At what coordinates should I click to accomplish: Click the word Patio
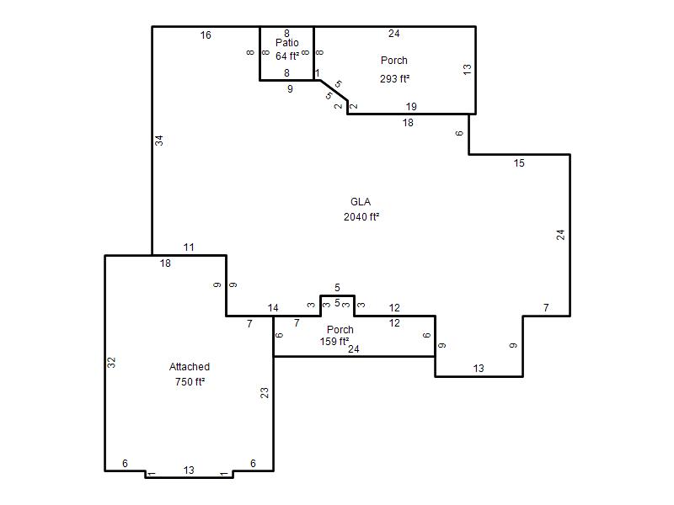(287, 43)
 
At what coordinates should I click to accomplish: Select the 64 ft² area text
(287, 56)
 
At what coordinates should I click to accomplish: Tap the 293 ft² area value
(394, 79)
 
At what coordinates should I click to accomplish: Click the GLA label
(361, 202)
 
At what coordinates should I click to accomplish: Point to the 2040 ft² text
(361, 217)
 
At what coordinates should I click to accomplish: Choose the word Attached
(190, 367)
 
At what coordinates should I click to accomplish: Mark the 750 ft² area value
(190, 382)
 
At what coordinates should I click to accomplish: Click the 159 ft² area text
(334, 342)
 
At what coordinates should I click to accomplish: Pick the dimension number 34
(159, 141)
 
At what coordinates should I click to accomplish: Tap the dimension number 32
(111, 363)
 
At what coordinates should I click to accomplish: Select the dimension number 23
(265, 393)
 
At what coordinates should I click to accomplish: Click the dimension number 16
(206, 35)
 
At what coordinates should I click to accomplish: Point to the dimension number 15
(519, 163)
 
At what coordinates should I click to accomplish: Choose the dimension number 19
(411, 107)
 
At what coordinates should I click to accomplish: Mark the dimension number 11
(189, 247)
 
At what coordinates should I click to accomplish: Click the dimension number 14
(273, 308)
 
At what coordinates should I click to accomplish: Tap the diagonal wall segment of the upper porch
(334, 91)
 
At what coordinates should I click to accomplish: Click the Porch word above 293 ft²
(394, 61)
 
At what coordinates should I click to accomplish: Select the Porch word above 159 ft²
(340, 330)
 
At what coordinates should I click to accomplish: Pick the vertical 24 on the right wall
(560, 235)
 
